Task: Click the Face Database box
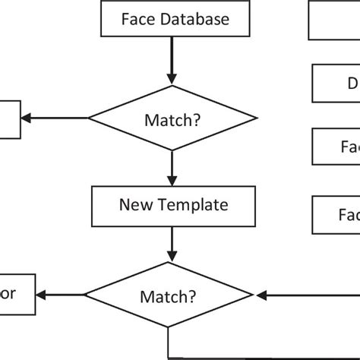pyautogui.click(x=174, y=19)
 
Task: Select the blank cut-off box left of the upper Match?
pyautogui.click(x=10, y=118)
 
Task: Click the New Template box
pyautogui.click(x=172, y=204)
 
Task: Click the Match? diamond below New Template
pyautogui.click(x=169, y=295)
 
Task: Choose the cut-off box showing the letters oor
pyautogui.click(x=17, y=295)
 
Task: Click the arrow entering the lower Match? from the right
pyautogui.click(x=304, y=295)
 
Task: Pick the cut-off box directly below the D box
pyautogui.click(x=336, y=146)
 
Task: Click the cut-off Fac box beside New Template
pyautogui.click(x=336, y=215)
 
